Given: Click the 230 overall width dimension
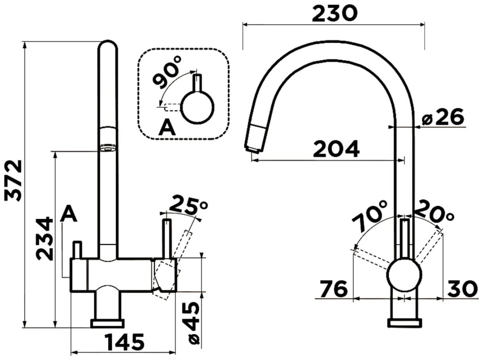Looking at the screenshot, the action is (335, 13).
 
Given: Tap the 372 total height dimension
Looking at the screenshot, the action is (13, 180).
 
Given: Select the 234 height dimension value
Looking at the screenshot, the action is (44, 239).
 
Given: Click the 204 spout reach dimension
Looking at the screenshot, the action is (336, 149).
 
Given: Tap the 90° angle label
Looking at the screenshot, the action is (167, 72).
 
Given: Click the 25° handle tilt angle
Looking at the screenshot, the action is (188, 205).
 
